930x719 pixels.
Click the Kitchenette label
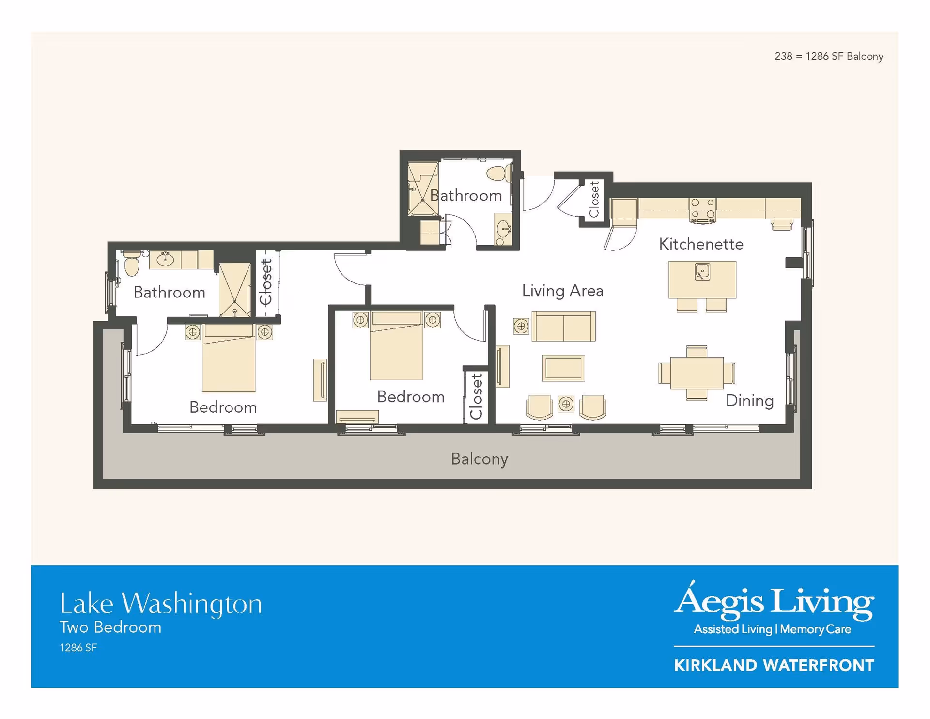pyautogui.click(x=700, y=244)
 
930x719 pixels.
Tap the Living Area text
pyautogui.click(x=562, y=291)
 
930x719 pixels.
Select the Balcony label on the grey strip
pyautogui.click(x=479, y=459)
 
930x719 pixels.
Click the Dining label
pyautogui.click(x=749, y=401)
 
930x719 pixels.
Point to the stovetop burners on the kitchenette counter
pyautogui.click(x=702, y=209)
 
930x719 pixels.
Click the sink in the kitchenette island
pyautogui.click(x=702, y=272)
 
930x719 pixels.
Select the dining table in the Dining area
pyautogui.click(x=697, y=373)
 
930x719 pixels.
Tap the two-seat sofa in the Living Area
pyautogui.click(x=563, y=326)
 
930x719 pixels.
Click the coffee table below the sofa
pyautogui.click(x=563, y=368)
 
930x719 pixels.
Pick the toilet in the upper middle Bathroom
pyautogui.click(x=498, y=173)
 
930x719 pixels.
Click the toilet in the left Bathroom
pyautogui.click(x=132, y=265)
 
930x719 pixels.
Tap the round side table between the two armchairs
pyautogui.click(x=566, y=404)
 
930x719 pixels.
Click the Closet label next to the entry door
pyautogui.click(x=594, y=199)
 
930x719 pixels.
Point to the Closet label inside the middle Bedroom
pyautogui.click(x=477, y=396)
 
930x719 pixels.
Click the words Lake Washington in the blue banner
pyautogui.click(x=160, y=604)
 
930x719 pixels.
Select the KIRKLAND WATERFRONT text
pyautogui.click(x=774, y=665)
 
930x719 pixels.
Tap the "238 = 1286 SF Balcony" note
pyautogui.click(x=828, y=57)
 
